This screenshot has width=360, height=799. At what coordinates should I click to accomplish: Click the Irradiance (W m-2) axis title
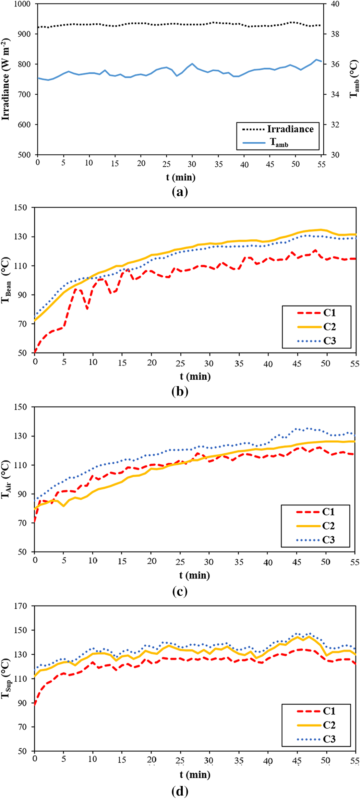click(5, 79)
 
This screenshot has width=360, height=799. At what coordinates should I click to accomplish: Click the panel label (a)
click(180, 191)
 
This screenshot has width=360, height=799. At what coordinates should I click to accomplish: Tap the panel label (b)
click(180, 391)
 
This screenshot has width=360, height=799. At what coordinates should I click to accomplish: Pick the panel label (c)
click(180, 591)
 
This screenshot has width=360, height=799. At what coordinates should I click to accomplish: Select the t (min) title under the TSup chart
click(195, 775)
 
